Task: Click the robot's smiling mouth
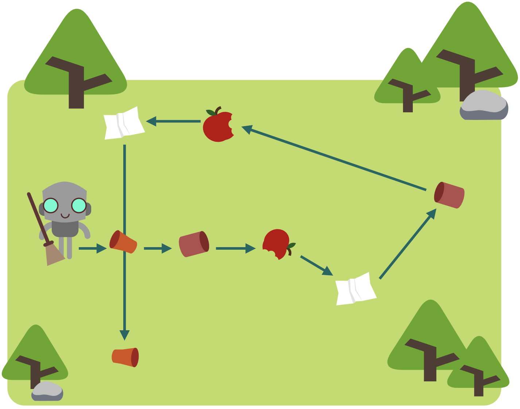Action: [65, 216]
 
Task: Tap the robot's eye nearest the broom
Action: [51, 205]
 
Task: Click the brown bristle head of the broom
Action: [54, 255]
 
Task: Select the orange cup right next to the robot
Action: [123, 242]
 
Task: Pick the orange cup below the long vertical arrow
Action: [125, 357]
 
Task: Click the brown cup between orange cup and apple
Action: [194, 244]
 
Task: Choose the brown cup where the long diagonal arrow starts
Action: [449, 195]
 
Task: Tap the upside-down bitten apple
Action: [277, 244]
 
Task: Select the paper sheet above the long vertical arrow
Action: [124, 123]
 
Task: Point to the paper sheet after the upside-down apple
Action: [356, 289]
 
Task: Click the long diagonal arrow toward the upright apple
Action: [335, 159]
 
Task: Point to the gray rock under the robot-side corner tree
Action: [47, 392]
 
